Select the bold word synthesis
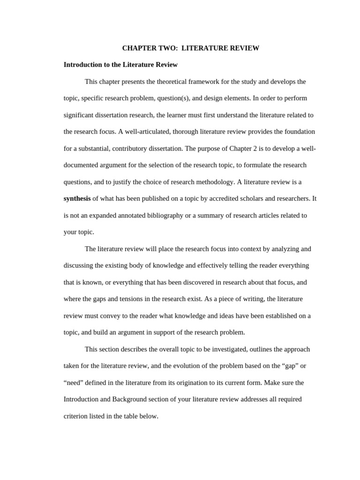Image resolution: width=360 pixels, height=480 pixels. point(77,199)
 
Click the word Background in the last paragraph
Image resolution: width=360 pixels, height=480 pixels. point(129,399)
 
